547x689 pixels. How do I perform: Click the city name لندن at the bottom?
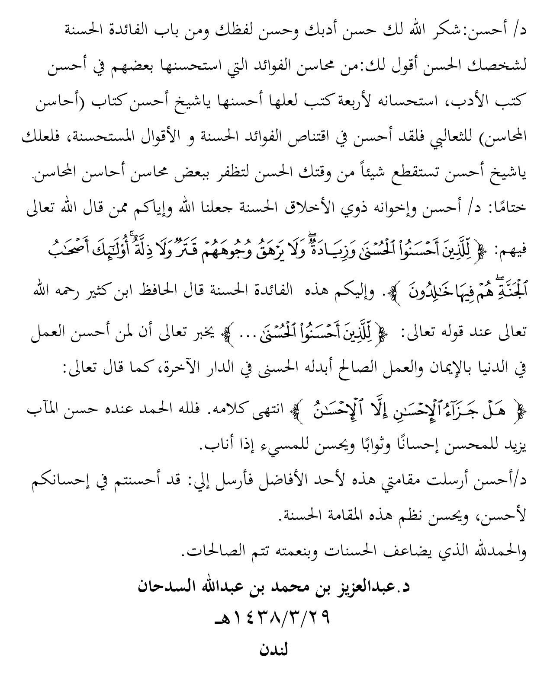(273, 650)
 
